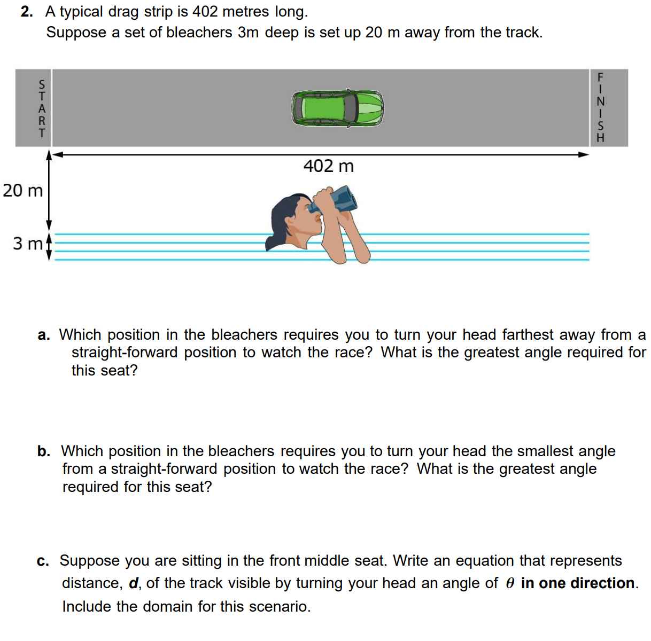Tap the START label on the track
click(42, 108)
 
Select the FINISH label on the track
click(600, 107)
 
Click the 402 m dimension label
click(328, 166)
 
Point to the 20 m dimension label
click(22, 190)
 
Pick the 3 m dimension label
click(27, 244)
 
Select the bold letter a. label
click(44, 335)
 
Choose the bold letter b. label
click(44, 451)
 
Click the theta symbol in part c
click(510, 583)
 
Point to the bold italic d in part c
click(133, 583)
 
